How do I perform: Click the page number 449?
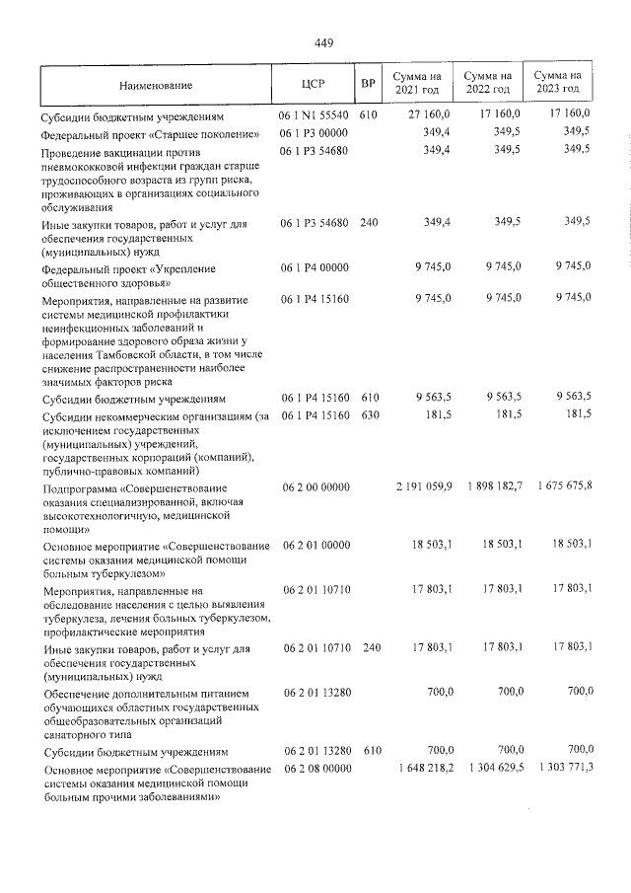click(324, 42)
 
